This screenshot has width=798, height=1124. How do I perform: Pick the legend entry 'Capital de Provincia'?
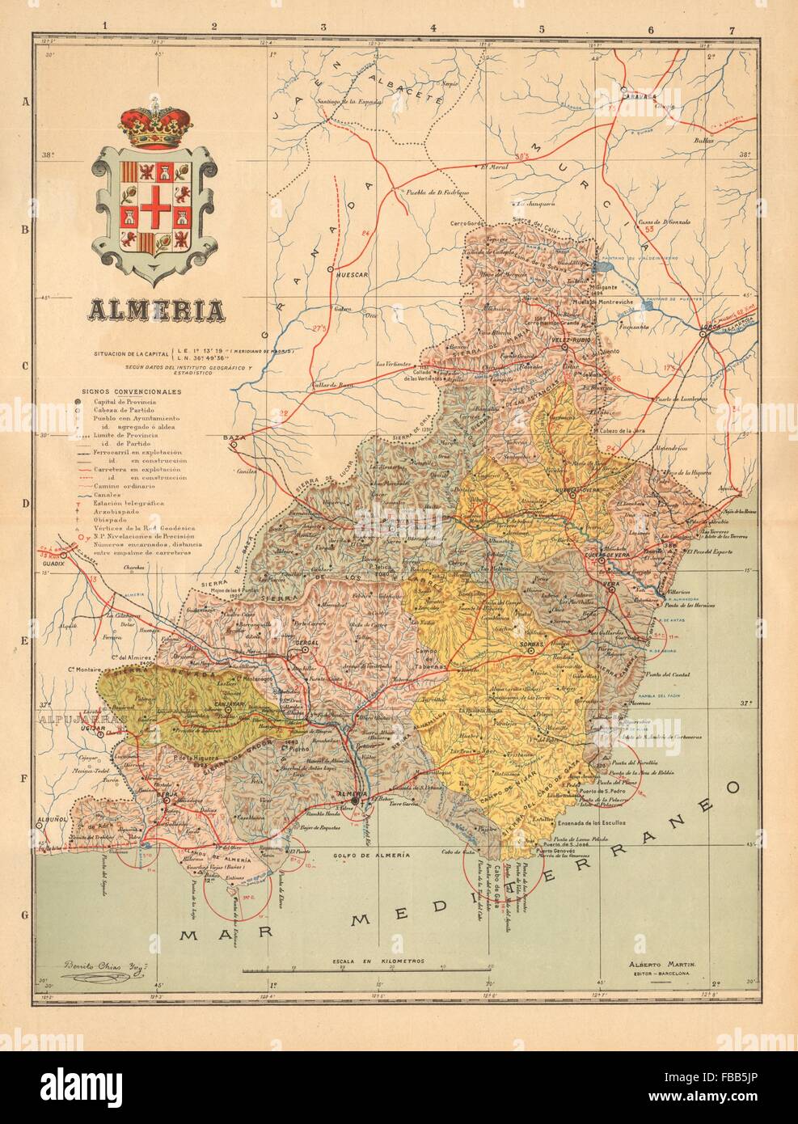(x=120, y=401)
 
